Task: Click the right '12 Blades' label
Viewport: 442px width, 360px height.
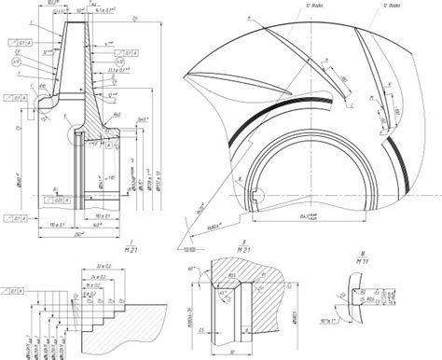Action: click(391, 6)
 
